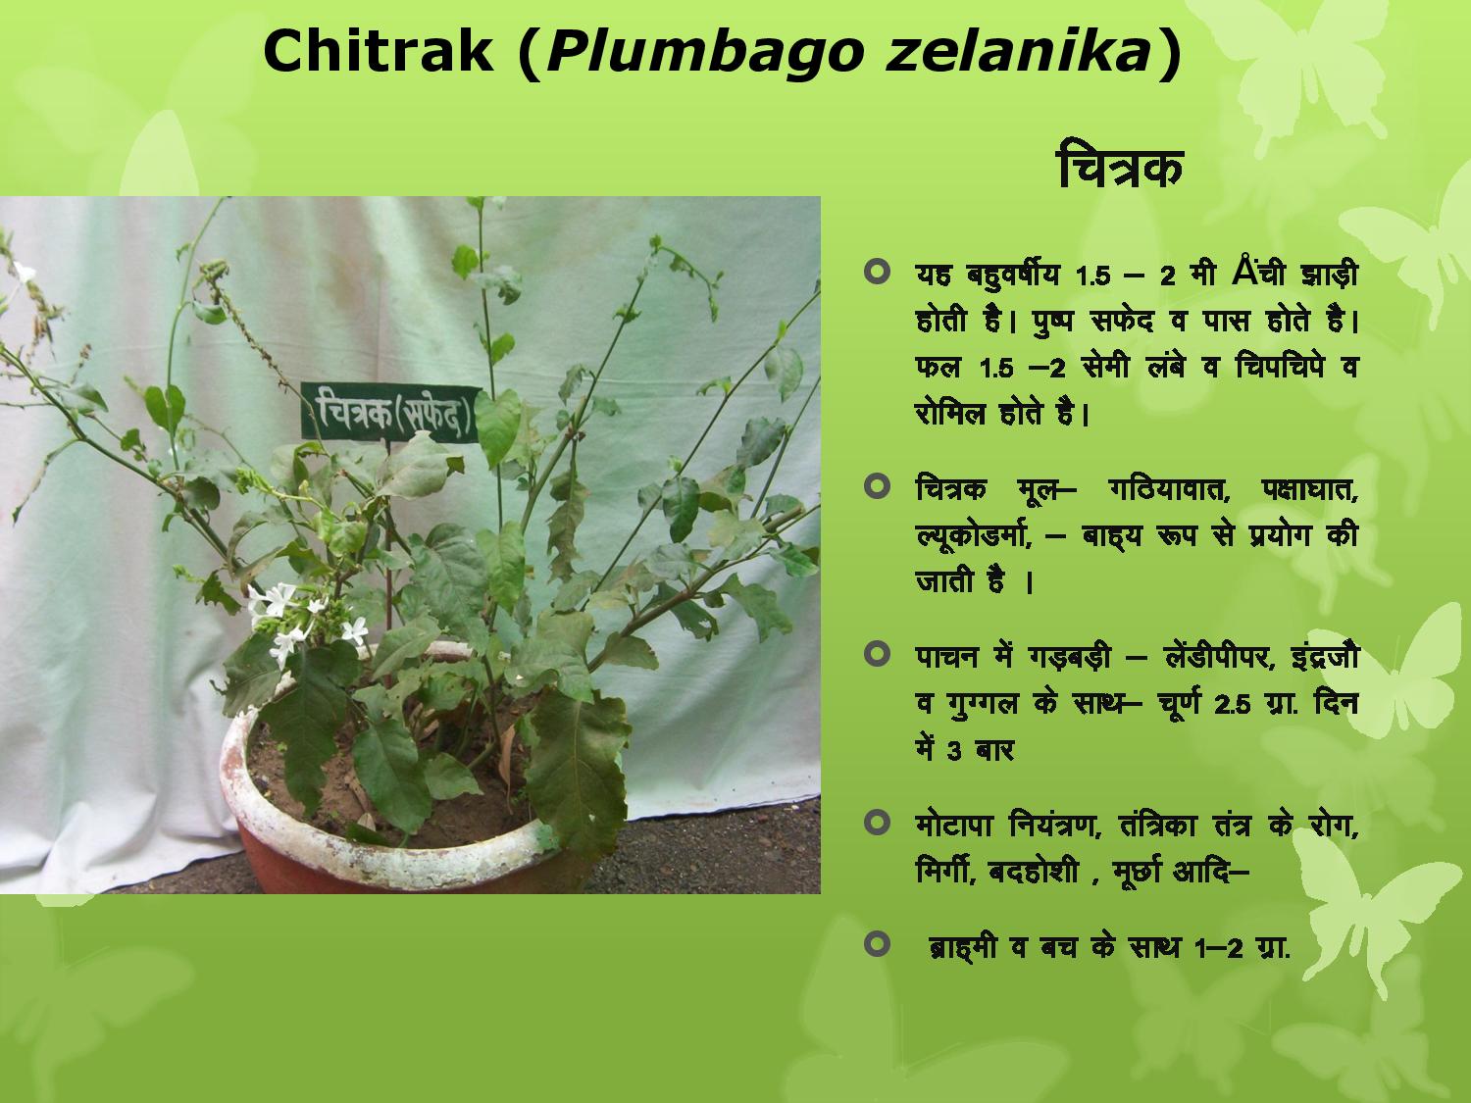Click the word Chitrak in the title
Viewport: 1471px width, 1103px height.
click(379, 52)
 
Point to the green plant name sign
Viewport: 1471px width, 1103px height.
click(391, 413)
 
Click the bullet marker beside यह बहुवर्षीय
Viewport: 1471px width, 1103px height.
click(878, 273)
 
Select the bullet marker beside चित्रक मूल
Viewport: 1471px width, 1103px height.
click(878, 486)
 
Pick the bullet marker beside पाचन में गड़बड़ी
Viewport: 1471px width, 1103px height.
click(878, 654)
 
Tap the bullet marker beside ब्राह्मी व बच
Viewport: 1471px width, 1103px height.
click(878, 944)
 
